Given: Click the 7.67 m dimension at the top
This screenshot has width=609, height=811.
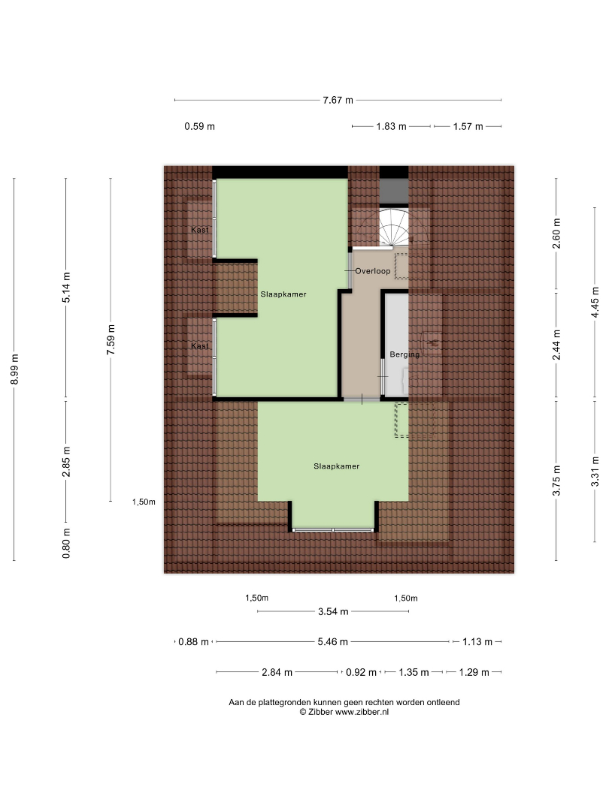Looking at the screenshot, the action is coord(338,100).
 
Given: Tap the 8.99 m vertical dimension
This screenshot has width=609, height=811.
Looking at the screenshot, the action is coord(14,369).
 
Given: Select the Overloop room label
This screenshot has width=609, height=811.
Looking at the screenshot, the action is coord(373,271).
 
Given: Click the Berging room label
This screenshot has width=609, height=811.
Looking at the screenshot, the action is coord(404,354).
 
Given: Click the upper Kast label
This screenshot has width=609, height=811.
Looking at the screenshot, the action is coord(200,231).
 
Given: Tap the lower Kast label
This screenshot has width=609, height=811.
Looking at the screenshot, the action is coord(200,346).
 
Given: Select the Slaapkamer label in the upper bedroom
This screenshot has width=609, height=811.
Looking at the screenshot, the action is coord(283,294).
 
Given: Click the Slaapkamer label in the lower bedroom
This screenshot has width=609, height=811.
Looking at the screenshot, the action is coord(337,466).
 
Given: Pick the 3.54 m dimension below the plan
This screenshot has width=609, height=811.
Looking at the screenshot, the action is coord(333,611).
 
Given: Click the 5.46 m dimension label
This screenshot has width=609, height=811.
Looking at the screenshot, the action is coord(332,642).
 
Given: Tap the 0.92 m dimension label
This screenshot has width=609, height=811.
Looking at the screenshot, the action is coord(361,672).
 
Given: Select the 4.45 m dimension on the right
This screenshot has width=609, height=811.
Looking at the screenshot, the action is coord(595,303).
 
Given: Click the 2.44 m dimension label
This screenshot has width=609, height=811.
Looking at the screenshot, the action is coord(556,345).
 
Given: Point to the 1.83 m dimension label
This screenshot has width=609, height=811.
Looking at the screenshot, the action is coord(391,126).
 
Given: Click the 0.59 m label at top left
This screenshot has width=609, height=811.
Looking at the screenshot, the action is coord(199,126).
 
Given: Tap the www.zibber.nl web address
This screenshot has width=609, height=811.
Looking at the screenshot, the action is coord(362,712).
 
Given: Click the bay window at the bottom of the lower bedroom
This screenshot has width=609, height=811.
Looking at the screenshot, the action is coord(333,529).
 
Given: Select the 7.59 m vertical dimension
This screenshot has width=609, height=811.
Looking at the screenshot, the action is coord(111,340).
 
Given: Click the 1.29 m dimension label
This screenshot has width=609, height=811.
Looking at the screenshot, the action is coord(474,672).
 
